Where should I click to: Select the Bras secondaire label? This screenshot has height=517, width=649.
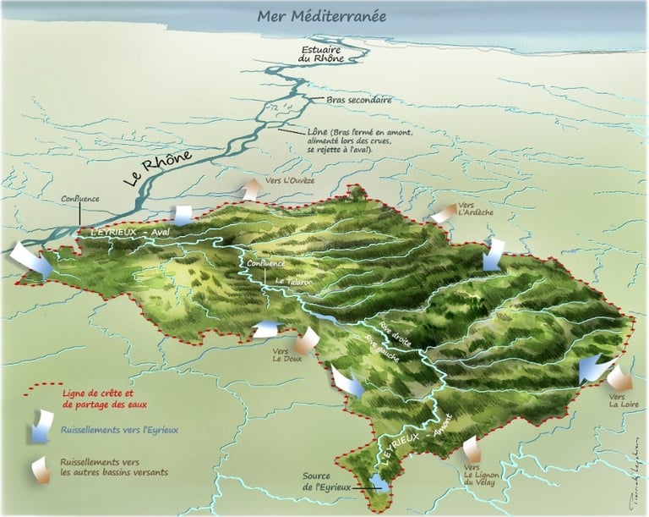coord(359,100)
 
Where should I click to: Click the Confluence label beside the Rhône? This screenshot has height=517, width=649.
coord(80,199)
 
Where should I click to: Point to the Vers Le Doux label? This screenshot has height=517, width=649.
coord(286,354)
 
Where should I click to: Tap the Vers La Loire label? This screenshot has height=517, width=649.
coord(622,399)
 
